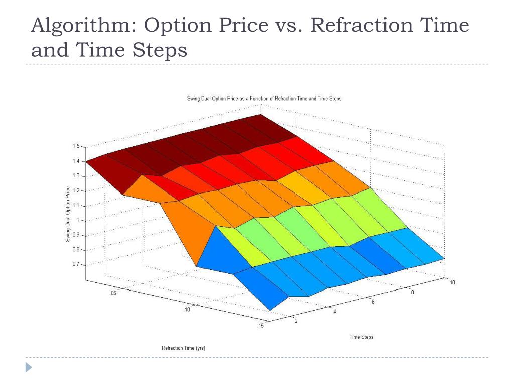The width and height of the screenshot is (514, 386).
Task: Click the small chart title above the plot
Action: pyautogui.click(x=264, y=99)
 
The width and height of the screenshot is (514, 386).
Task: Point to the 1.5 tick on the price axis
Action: pyautogui.click(x=76, y=146)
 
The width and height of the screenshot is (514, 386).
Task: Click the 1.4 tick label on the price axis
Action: pyautogui.click(x=76, y=161)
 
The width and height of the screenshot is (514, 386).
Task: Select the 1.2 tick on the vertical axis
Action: pyautogui.click(x=76, y=190)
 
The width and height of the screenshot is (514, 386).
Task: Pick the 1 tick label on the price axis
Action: pyautogui.click(x=78, y=220)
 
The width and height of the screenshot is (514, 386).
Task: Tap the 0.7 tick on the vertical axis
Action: pyautogui.click(x=76, y=264)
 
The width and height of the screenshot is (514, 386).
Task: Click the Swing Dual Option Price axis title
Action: pyautogui.click(x=68, y=214)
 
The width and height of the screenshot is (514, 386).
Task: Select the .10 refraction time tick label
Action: pyautogui.click(x=187, y=310)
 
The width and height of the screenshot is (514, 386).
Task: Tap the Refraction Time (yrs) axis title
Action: pyautogui.click(x=183, y=348)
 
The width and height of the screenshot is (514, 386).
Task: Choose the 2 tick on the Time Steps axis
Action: pyautogui.click(x=295, y=321)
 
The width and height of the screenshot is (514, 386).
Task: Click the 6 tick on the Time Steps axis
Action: pyautogui.click(x=373, y=302)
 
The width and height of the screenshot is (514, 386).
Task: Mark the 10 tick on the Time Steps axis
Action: pyautogui.click(x=452, y=282)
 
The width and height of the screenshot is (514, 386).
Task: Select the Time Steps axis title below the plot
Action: pyautogui.click(x=361, y=337)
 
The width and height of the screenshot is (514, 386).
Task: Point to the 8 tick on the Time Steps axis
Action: pyautogui.click(x=413, y=292)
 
